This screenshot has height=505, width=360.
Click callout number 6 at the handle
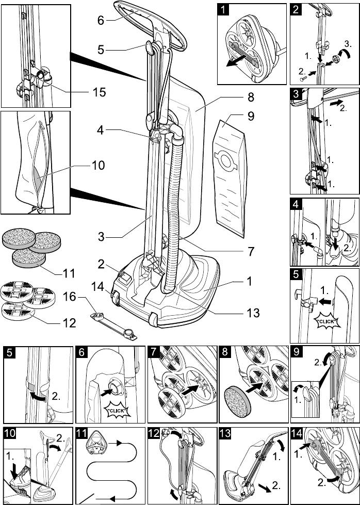click(x=101, y=21)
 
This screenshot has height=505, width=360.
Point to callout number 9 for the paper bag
click(x=251, y=116)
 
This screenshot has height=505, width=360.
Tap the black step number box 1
click(x=223, y=10)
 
